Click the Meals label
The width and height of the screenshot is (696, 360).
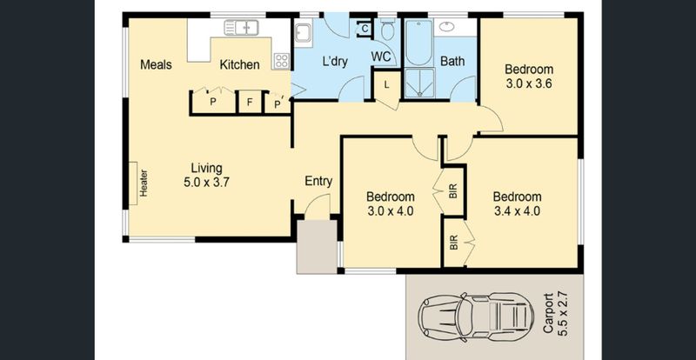tap(156, 65)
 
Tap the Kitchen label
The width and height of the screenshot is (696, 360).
tap(240, 65)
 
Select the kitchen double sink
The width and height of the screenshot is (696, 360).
tap(241, 28)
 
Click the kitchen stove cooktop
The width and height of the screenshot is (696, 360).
tap(281, 61)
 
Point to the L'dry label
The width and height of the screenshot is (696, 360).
tap(335, 62)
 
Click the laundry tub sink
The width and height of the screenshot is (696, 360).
tap(303, 34)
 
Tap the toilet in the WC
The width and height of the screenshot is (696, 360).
tap(387, 30)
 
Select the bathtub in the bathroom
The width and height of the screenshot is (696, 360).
tap(418, 43)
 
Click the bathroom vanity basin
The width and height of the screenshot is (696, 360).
tap(446, 27)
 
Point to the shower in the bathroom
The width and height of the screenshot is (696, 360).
tap(419, 83)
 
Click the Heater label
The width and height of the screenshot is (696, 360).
tap(144, 183)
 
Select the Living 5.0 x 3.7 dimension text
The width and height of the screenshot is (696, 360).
tap(206, 176)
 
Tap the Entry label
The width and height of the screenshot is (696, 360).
tap(318, 181)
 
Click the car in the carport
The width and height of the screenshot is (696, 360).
tap(476, 317)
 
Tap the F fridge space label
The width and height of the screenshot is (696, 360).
tap(250, 103)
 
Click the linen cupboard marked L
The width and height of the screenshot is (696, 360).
tap(386, 85)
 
